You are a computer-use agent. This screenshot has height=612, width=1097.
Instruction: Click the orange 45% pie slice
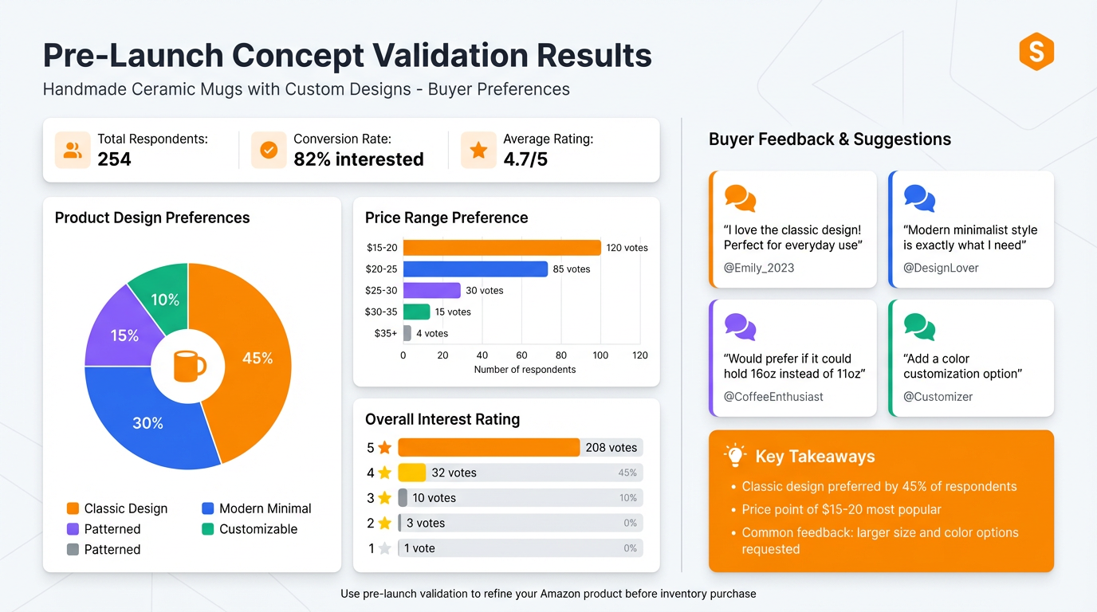click(x=251, y=359)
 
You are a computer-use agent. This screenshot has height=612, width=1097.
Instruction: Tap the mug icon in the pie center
click(x=189, y=367)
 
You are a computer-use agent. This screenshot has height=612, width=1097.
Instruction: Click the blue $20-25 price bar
click(x=475, y=269)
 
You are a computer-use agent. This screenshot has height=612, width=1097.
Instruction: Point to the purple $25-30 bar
click(x=431, y=290)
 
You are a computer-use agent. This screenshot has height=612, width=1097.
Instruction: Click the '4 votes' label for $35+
click(x=432, y=333)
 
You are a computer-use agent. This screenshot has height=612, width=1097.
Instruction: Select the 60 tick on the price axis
click(x=521, y=355)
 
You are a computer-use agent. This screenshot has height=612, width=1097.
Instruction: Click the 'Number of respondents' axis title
click(x=525, y=370)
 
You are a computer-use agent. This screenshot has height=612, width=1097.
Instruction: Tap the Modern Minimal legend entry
click(x=256, y=508)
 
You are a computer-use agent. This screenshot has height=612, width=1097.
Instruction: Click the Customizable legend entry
click(x=249, y=529)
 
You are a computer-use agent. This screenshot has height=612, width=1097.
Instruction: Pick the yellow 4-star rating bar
click(x=411, y=473)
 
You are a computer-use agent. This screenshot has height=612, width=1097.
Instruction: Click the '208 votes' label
click(x=611, y=448)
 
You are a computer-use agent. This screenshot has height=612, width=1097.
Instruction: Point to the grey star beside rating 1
click(x=385, y=548)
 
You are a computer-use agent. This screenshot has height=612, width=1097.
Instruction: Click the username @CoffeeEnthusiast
click(x=773, y=397)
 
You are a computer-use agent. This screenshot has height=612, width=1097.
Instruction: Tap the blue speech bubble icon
click(x=919, y=198)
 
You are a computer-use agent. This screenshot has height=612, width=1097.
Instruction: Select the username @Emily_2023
click(x=758, y=268)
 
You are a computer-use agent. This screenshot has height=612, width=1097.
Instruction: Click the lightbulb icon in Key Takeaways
click(x=734, y=456)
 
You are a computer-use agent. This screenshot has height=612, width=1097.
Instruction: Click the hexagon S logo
click(x=1036, y=53)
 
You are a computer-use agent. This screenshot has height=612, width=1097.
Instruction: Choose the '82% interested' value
click(x=359, y=159)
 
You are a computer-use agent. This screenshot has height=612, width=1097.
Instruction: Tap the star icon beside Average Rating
click(x=478, y=150)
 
